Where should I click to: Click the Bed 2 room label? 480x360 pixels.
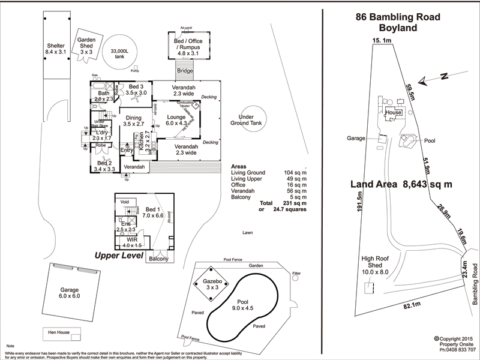pyautogui.click(x=106, y=166)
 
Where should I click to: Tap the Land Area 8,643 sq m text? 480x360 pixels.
pyautogui.click(x=401, y=185)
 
